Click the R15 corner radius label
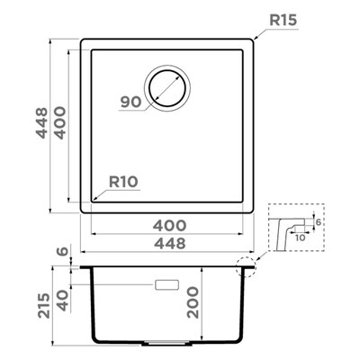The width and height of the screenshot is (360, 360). [283, 20]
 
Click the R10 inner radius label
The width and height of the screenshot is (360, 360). [123, 182]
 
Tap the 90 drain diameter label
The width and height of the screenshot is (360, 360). [130, 103]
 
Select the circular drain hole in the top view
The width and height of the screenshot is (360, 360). [167, 88]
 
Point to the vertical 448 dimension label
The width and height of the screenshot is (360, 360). [42, 122]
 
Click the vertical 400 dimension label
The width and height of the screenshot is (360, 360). [59, 122]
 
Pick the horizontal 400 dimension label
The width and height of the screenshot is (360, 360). [169, 225]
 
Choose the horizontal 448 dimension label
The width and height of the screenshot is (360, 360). [170, 243]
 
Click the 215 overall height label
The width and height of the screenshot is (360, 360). [44, 305]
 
